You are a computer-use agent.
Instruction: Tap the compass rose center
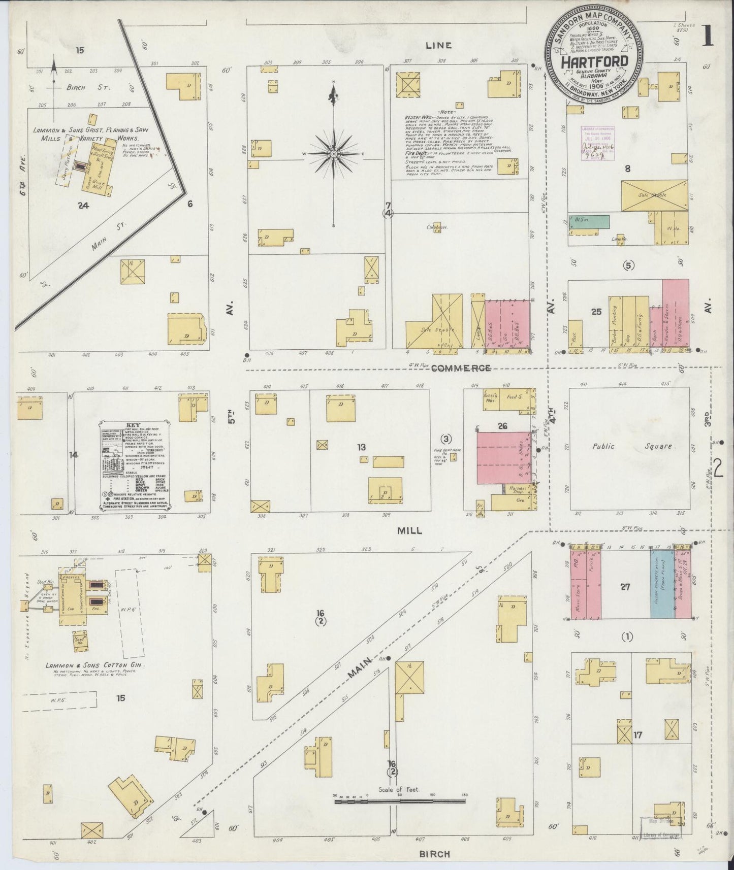coord(334,154)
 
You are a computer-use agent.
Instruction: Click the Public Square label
coord(632,447)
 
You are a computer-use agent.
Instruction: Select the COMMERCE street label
coord(461,368)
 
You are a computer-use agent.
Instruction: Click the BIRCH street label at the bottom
coord(435,854)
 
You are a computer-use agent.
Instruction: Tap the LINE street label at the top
coord(438,45)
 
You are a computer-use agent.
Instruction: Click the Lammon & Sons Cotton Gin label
coord(95,665)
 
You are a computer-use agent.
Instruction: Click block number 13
coord(361,447)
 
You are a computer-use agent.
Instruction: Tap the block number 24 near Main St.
coord(84,205)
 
